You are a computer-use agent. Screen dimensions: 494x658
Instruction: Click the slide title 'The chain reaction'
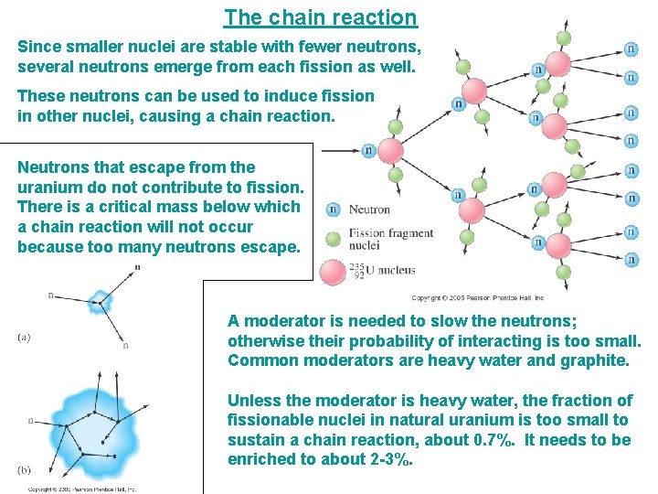pos(320,17)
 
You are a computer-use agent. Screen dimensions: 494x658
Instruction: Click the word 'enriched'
pos(259,459)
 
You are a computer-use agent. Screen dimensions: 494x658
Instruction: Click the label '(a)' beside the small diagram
pos(25,337)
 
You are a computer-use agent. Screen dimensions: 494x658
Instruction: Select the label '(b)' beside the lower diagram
pos(25,470)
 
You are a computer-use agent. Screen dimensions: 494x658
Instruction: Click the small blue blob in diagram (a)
pos(98,298)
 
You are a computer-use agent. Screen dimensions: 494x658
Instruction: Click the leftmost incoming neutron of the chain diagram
pos(367,151)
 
